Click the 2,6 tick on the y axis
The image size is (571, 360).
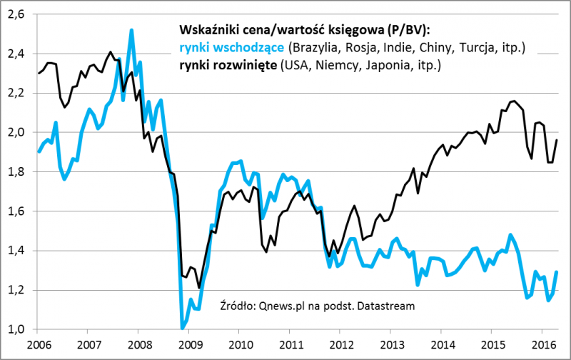16,14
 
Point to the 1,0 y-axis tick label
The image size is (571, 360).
16,329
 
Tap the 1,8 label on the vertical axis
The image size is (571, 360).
16,171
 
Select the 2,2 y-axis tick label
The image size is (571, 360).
16,93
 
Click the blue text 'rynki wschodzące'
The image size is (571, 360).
231,49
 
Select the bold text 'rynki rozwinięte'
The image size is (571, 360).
229,66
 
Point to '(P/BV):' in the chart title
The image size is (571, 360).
410,31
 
